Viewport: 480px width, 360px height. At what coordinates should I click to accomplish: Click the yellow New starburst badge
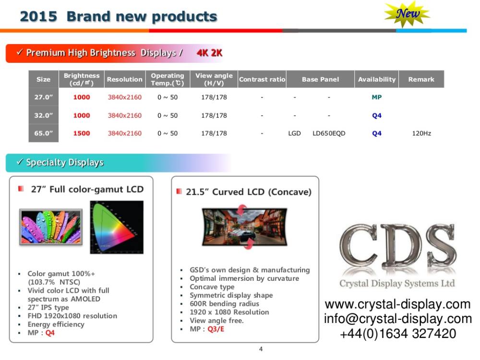point(407,14)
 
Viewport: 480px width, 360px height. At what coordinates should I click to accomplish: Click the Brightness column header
point(82,79)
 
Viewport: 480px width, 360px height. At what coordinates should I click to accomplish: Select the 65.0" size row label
point(43,133)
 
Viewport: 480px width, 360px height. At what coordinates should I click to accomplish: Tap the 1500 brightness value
point(82,133)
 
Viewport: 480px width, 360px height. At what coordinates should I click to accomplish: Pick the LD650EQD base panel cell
point(329,133)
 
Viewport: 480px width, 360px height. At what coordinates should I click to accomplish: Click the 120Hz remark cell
point(421,133)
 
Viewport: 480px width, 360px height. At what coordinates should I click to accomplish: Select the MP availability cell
point(377,97)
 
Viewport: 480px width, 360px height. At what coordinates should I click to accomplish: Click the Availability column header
point(377,79)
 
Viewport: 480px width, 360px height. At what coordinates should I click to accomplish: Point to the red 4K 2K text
point(209,53)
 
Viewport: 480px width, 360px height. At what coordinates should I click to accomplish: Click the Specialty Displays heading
point(65,163)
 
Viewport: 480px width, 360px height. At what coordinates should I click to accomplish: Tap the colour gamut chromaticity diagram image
point(117,227)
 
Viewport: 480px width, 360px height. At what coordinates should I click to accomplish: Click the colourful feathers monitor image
point(50,227)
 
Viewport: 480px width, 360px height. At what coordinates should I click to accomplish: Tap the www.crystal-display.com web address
point(397,304)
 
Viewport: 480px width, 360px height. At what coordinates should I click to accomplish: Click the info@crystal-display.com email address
point(397,319)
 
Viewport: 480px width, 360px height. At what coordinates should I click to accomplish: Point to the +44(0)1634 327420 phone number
point(397,333)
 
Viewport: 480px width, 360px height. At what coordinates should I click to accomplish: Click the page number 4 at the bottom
point(261,349)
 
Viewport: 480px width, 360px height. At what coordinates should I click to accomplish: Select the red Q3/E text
point(216,329)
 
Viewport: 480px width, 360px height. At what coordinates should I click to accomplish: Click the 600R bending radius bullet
point(224,304)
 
